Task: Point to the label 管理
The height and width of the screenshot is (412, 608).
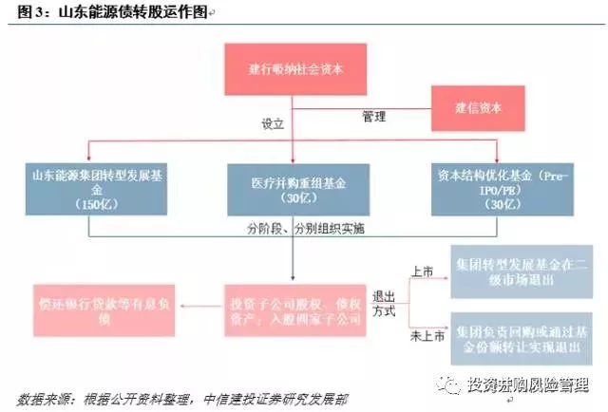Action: (373, 117)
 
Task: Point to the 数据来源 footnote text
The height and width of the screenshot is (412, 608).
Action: (171, 398)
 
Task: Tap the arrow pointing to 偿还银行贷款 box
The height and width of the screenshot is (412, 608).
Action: (190, 306)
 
